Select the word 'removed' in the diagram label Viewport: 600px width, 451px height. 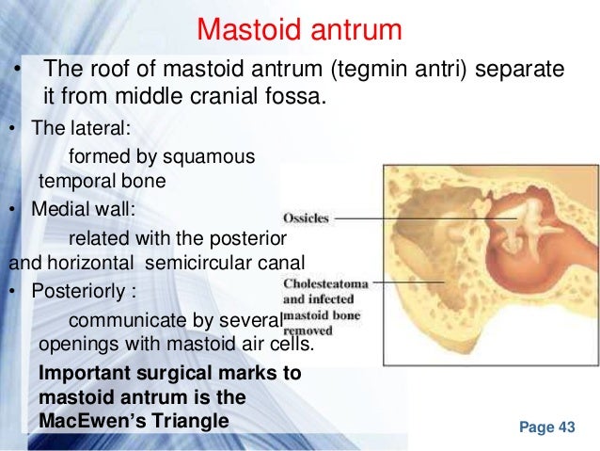point(307,330)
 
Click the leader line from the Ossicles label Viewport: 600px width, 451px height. point(423,218)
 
